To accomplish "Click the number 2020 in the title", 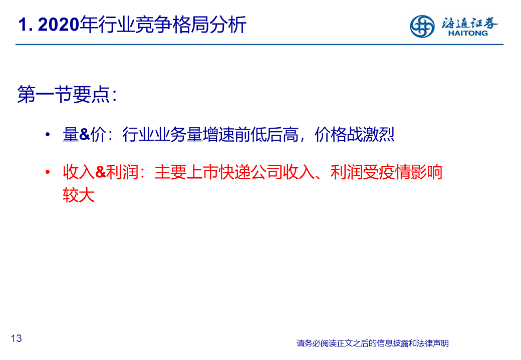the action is [x=59, y=25].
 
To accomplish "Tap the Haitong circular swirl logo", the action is [x=422, y=26].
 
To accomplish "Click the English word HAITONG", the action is [x=468, y=33].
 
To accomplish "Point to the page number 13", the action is [x=16, y=338].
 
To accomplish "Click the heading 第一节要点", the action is [x=63, y=94].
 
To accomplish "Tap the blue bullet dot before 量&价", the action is [x=48, y=135].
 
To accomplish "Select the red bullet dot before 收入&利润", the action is [x=48, y=172].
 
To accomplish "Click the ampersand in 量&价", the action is [x=84, y=135].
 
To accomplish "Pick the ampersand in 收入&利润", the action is [x=100, y=172].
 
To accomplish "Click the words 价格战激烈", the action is [x=354, y=135].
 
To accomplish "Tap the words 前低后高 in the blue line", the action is [x=266, y=135].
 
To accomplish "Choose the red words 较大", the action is [x=79, y=195].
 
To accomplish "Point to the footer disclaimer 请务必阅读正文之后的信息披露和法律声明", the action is [x=373, y=343].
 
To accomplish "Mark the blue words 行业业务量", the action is [x=162, y=135].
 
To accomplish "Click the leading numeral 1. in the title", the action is [x=26, y=25].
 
